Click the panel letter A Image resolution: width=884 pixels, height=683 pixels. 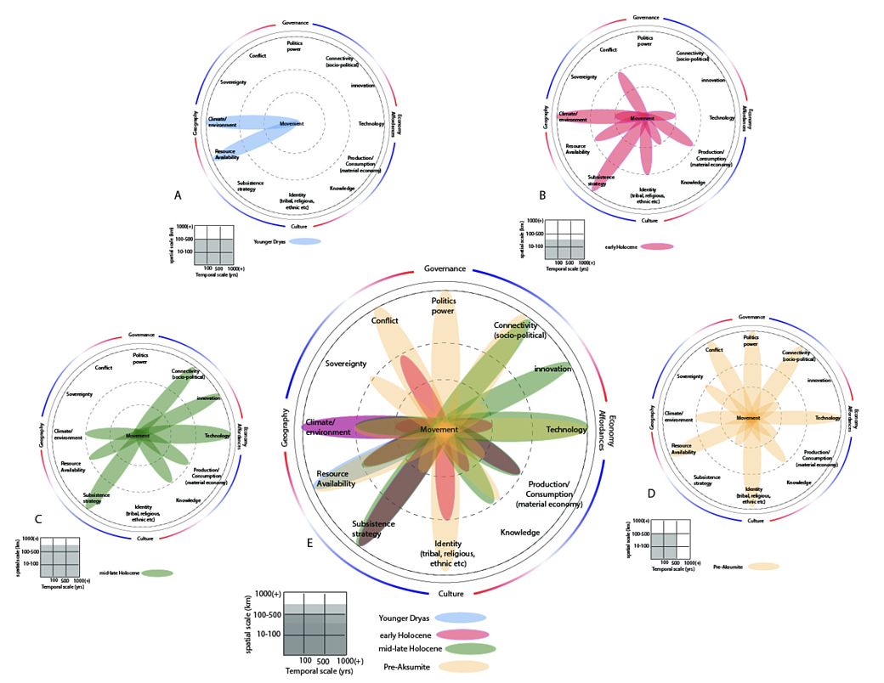click(x=178, y=195)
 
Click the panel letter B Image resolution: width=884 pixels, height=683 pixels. click(x=542, y=195)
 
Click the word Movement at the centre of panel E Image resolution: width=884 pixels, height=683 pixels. click(x=439, y=430)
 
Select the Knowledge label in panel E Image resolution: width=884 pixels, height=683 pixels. click(x=520, y=533)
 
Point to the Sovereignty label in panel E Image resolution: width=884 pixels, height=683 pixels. click(x=345, y=364)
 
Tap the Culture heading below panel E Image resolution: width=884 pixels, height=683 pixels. click(x=450, y=593)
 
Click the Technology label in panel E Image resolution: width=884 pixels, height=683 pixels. click(x=566, y=430)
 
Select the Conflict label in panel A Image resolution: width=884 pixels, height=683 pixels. click(x=258, y=56)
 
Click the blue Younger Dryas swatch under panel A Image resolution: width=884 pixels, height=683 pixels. click(x=304, y=242)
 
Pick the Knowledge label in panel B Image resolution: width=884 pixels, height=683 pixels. click(x=693, y=182)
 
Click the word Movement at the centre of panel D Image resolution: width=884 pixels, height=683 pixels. click(x=748, y=418)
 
